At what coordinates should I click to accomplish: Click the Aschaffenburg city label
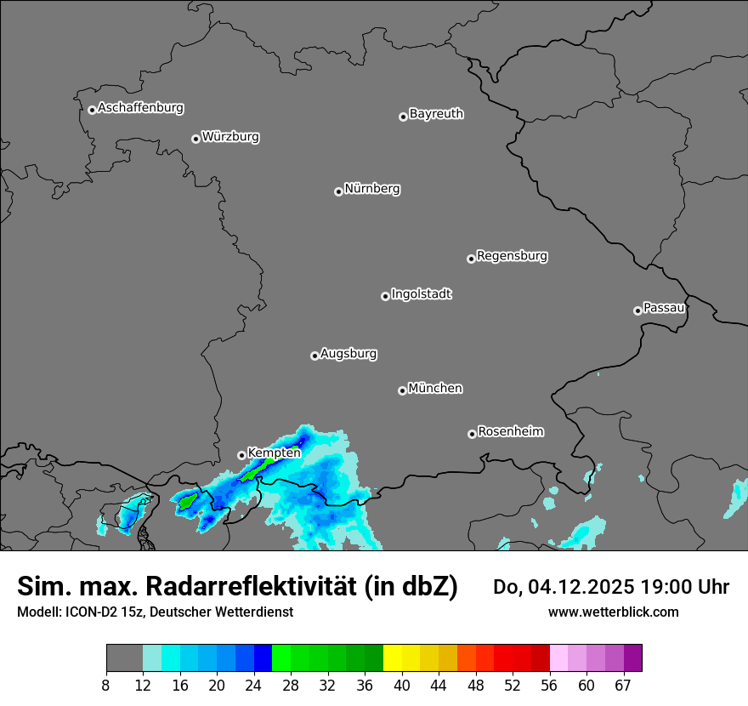140,108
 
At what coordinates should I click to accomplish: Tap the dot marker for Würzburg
195,139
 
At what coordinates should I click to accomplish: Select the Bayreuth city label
436,114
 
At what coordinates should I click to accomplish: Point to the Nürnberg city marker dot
338,191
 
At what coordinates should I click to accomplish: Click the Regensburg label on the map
512,256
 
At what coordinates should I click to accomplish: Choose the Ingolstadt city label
421,294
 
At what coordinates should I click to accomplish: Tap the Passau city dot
637,310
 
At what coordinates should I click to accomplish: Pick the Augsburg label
348,354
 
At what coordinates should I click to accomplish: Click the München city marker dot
402,390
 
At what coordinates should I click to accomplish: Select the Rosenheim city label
510,432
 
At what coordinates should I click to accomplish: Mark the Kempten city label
274,453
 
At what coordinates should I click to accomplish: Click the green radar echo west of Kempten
188,501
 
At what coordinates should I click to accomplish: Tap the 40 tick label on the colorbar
401,686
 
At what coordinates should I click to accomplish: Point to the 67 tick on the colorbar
623,686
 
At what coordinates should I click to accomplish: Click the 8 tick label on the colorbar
106,686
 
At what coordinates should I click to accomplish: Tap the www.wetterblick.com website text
613,612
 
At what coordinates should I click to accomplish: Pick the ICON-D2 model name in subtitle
91,612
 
